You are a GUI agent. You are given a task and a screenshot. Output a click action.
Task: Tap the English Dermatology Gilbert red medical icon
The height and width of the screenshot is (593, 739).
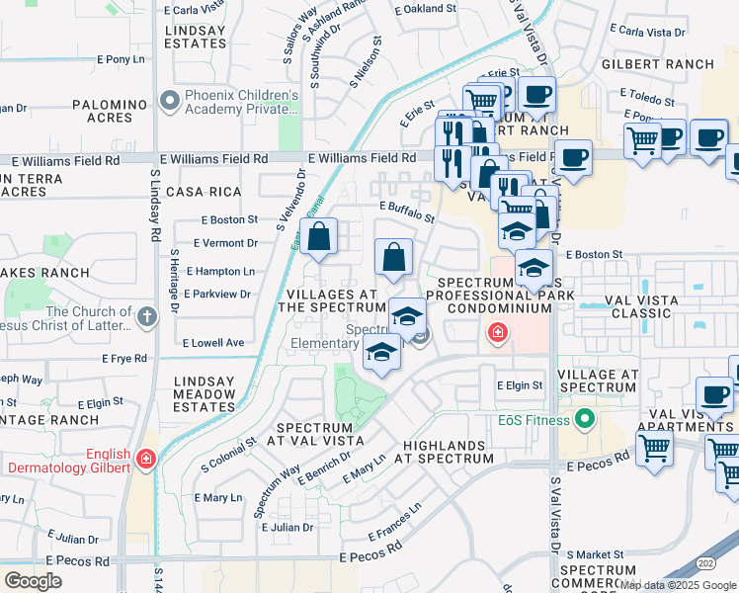[x=145, y=459]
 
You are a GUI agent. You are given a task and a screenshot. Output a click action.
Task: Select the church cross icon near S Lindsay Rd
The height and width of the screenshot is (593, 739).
[x=146, y=317]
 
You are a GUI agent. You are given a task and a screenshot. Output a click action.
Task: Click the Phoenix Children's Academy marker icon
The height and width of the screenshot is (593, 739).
[x=169, y=102]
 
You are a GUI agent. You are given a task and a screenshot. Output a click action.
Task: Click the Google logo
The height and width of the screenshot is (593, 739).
[x=33, y=580]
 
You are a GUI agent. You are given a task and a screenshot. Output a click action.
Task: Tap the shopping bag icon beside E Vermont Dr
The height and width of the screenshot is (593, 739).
[x=319, y=238]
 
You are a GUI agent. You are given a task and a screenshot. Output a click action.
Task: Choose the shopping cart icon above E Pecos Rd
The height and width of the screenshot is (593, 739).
[x=654, y=449]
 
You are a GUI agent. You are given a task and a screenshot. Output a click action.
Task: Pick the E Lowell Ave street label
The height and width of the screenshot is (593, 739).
[x=213, y=343]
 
